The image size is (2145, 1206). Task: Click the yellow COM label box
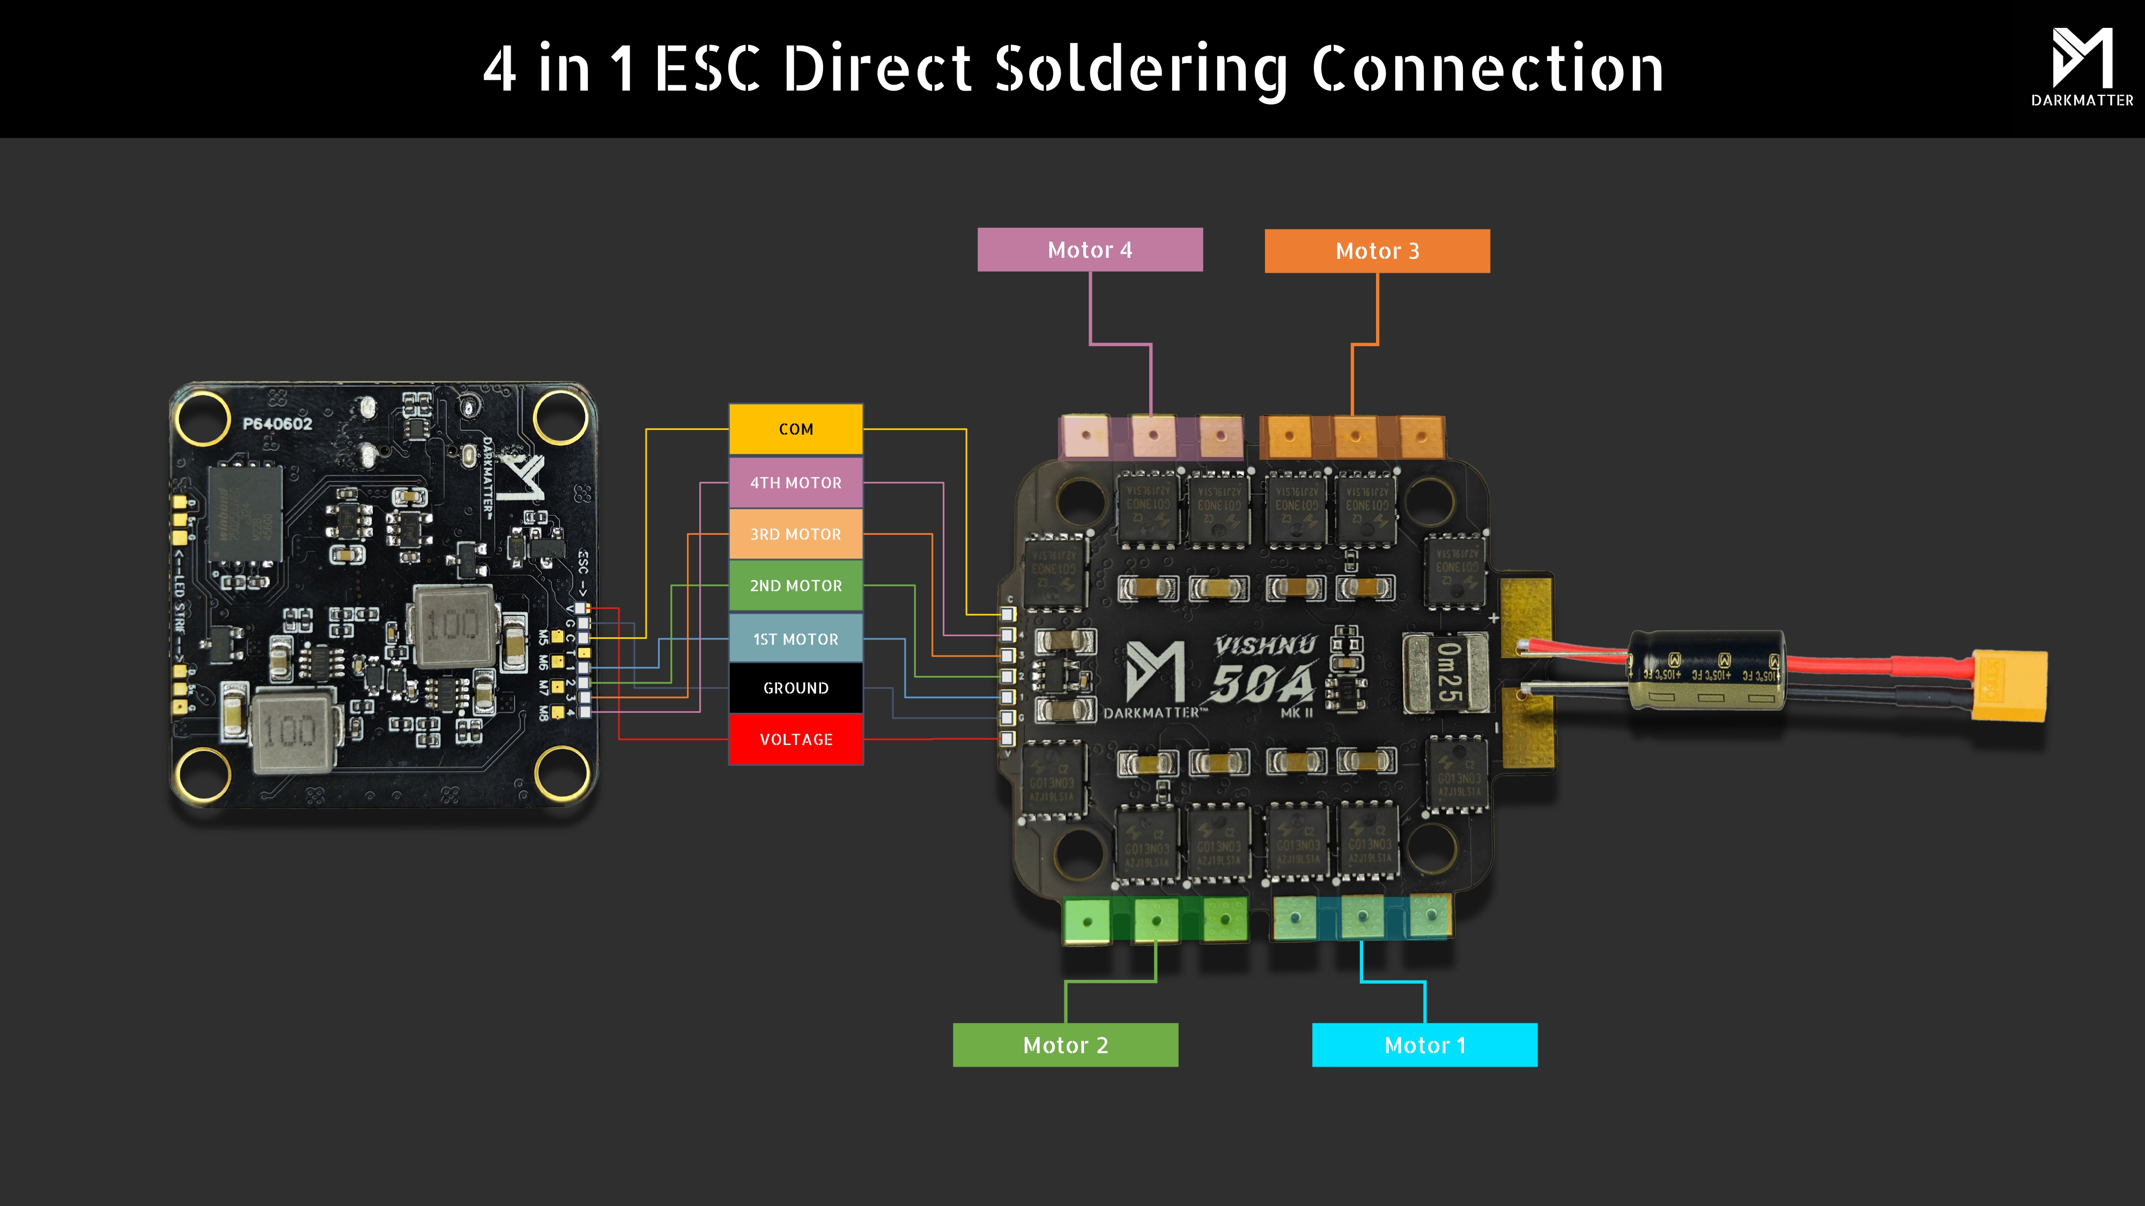click(x=795, y=429)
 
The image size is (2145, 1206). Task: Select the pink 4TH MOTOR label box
click(x=795, y=483)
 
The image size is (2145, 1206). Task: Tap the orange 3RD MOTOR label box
click(x=795, y=534)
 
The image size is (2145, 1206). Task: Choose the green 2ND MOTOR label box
click(x=795, y=586)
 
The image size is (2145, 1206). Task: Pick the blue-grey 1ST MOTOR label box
click(x=795, y=639)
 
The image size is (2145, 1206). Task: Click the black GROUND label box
click(x=795, y=688)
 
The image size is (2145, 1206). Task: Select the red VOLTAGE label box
click(x=795, y=740)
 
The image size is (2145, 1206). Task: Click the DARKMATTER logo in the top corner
click(x=2082, y=66)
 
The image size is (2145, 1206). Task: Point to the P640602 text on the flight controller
click(x=277, y=423)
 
